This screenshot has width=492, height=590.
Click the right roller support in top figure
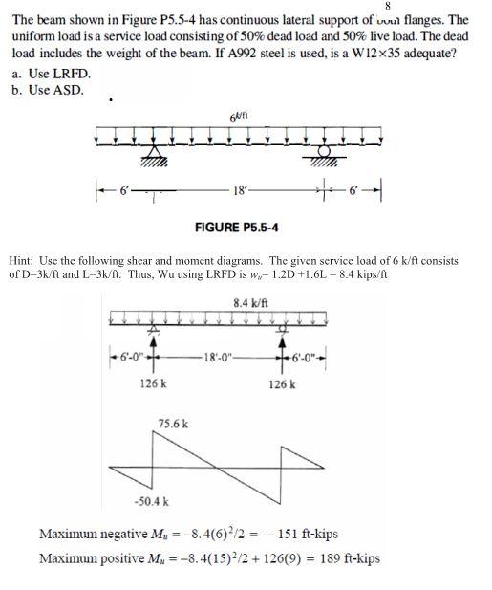(327, 155)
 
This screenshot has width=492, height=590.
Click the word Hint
(21, 260)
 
